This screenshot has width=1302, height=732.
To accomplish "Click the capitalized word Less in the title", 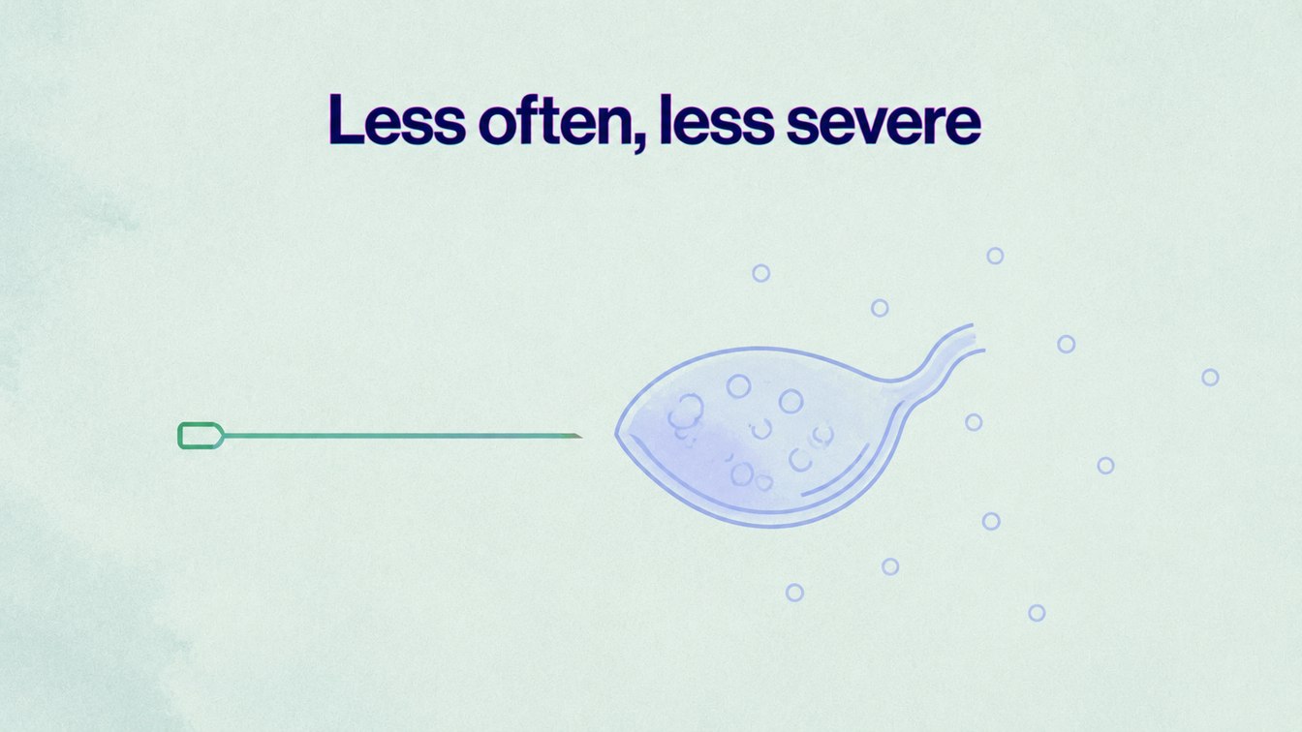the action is [397, 120].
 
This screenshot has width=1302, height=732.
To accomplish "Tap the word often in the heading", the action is [554, 119].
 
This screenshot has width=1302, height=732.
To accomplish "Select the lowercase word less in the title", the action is [717, 119].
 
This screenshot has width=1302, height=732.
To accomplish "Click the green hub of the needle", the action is [201, 436].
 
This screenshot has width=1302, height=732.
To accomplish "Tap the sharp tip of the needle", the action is [581, 437].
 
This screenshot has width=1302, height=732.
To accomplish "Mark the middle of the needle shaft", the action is [402, 436].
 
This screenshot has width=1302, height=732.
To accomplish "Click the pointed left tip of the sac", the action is [617, 433].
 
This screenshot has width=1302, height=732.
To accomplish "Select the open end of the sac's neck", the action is [977, 338].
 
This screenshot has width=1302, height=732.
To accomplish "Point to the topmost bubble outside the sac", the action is [995, 256].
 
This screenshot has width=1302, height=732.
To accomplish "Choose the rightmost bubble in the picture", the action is [1210, 378].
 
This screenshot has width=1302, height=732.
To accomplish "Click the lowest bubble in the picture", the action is [1037, 613].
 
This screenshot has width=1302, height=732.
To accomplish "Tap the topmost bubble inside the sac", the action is [739, 386].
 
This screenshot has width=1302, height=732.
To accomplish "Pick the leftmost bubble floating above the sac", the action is [761, 273].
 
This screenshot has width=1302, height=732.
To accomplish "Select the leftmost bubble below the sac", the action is [794, 593].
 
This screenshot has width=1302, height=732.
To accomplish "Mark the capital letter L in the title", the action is [347, 120].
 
